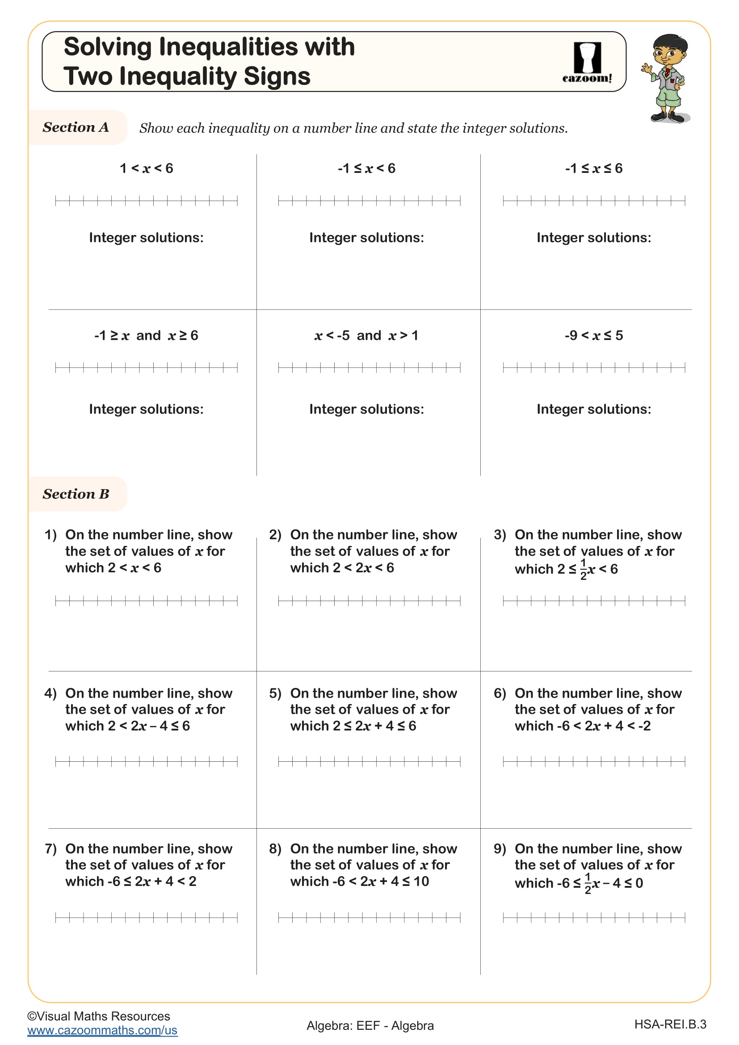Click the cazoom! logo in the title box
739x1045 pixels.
coord(587,63)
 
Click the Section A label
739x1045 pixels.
coord(76,127)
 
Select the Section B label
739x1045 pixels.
coord(76,494)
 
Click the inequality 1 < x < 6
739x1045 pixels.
coord(146,168)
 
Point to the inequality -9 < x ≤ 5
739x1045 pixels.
coord(593,336)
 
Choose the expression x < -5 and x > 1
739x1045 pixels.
coord(366,336)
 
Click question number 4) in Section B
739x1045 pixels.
coord(50,693)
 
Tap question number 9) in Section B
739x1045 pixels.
coord(500,849)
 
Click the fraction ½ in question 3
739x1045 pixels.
coord(584,569)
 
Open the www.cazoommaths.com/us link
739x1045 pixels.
coord(102,1030)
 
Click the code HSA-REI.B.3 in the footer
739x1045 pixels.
coord(670,1024)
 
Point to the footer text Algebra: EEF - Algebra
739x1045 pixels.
coord(370,1025)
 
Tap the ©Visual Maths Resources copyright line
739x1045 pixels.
coord(99,1016)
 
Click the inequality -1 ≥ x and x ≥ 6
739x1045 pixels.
coord(146,336)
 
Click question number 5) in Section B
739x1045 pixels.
coord(275,693)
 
